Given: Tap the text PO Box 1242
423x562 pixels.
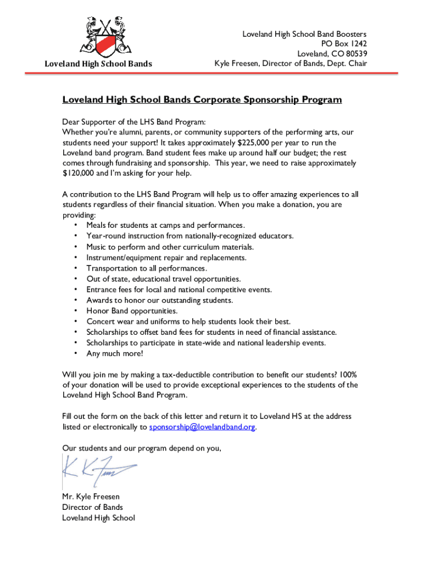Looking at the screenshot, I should click(344, 44).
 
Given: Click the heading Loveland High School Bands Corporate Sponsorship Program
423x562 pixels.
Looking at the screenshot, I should click(202, 100).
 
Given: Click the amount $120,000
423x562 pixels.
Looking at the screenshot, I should click(79, 173).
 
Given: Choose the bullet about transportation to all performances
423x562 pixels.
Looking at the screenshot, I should click(147, 268).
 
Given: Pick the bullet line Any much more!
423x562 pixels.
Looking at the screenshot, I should click(114, 353).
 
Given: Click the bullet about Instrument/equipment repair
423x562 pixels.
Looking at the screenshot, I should click(166, 257).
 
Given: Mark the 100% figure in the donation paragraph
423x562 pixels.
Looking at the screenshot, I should click(348, 375).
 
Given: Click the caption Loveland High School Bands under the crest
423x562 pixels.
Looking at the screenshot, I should click(98, 64).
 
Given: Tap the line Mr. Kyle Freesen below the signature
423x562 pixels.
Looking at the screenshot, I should click(91, 497).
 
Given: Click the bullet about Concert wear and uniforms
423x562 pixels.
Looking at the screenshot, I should click(188, 322).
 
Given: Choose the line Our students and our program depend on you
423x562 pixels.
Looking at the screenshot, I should click(142, 448).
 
